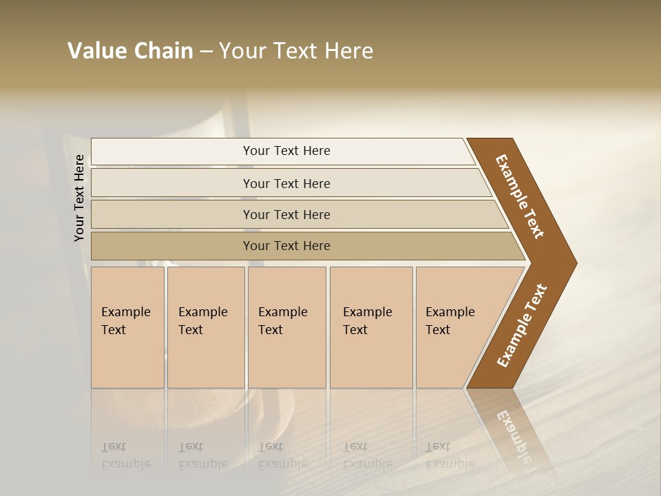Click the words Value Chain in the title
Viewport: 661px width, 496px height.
click(130, 51)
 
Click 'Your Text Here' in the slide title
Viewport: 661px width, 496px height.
click(296, 51)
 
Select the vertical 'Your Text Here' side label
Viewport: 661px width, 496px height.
click(79, 198)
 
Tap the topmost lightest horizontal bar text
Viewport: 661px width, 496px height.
click(286, 151)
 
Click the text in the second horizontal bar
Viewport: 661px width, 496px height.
click(286, 183)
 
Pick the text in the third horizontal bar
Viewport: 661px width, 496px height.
click(286, 214)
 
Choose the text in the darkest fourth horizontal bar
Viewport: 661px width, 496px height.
click(286, 246)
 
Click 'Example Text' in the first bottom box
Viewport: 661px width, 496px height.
click(125, 321)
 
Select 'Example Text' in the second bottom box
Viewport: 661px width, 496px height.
click(202, 321)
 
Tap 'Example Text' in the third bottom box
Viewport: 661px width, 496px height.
click(282, 321)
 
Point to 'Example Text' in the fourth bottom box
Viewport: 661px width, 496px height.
click(367, 321)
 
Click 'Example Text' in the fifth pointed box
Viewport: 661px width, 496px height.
click(450, 321)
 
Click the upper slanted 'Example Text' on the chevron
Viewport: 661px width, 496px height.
click(520, 196)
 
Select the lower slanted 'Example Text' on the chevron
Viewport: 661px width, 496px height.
click(522, 326)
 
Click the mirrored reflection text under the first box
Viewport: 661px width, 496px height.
click(125, 455)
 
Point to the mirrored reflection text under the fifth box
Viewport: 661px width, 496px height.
click(450, 455)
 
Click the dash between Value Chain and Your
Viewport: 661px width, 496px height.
click(206, 52)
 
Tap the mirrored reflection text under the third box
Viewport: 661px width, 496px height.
click(282, 455)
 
